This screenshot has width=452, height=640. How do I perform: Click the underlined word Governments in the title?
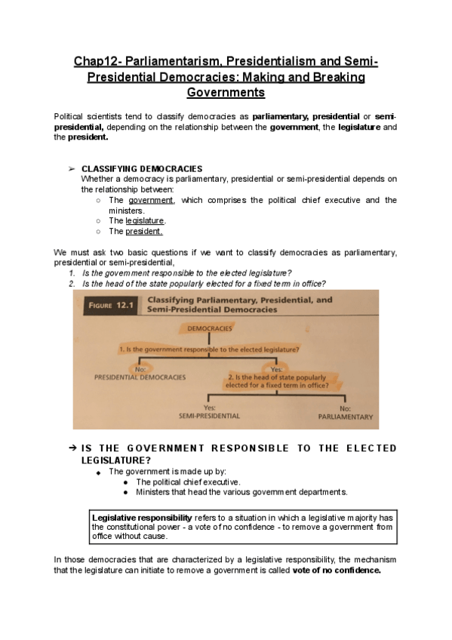click(x=226, y=93)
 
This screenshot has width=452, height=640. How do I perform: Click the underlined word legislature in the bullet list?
click(x=144, y=220)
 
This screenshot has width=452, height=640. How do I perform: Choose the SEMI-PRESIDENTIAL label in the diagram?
click(x=209, y=415)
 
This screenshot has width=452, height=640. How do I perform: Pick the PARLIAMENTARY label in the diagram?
click(x=345, y=416)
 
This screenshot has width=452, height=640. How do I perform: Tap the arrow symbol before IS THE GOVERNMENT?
click(x=72, y=448)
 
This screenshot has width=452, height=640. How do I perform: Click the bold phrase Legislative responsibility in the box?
click(x=141, y=517)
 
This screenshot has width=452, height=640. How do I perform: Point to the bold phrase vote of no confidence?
click(x=337, y=570)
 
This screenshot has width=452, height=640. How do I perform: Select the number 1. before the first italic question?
click(x=72, y=272)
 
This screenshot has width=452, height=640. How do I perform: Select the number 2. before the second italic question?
click(x=72, y=283)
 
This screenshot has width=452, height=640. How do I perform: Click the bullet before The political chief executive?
click(x=125, y=482)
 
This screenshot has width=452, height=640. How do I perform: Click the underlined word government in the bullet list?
click(x=151, y=200)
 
